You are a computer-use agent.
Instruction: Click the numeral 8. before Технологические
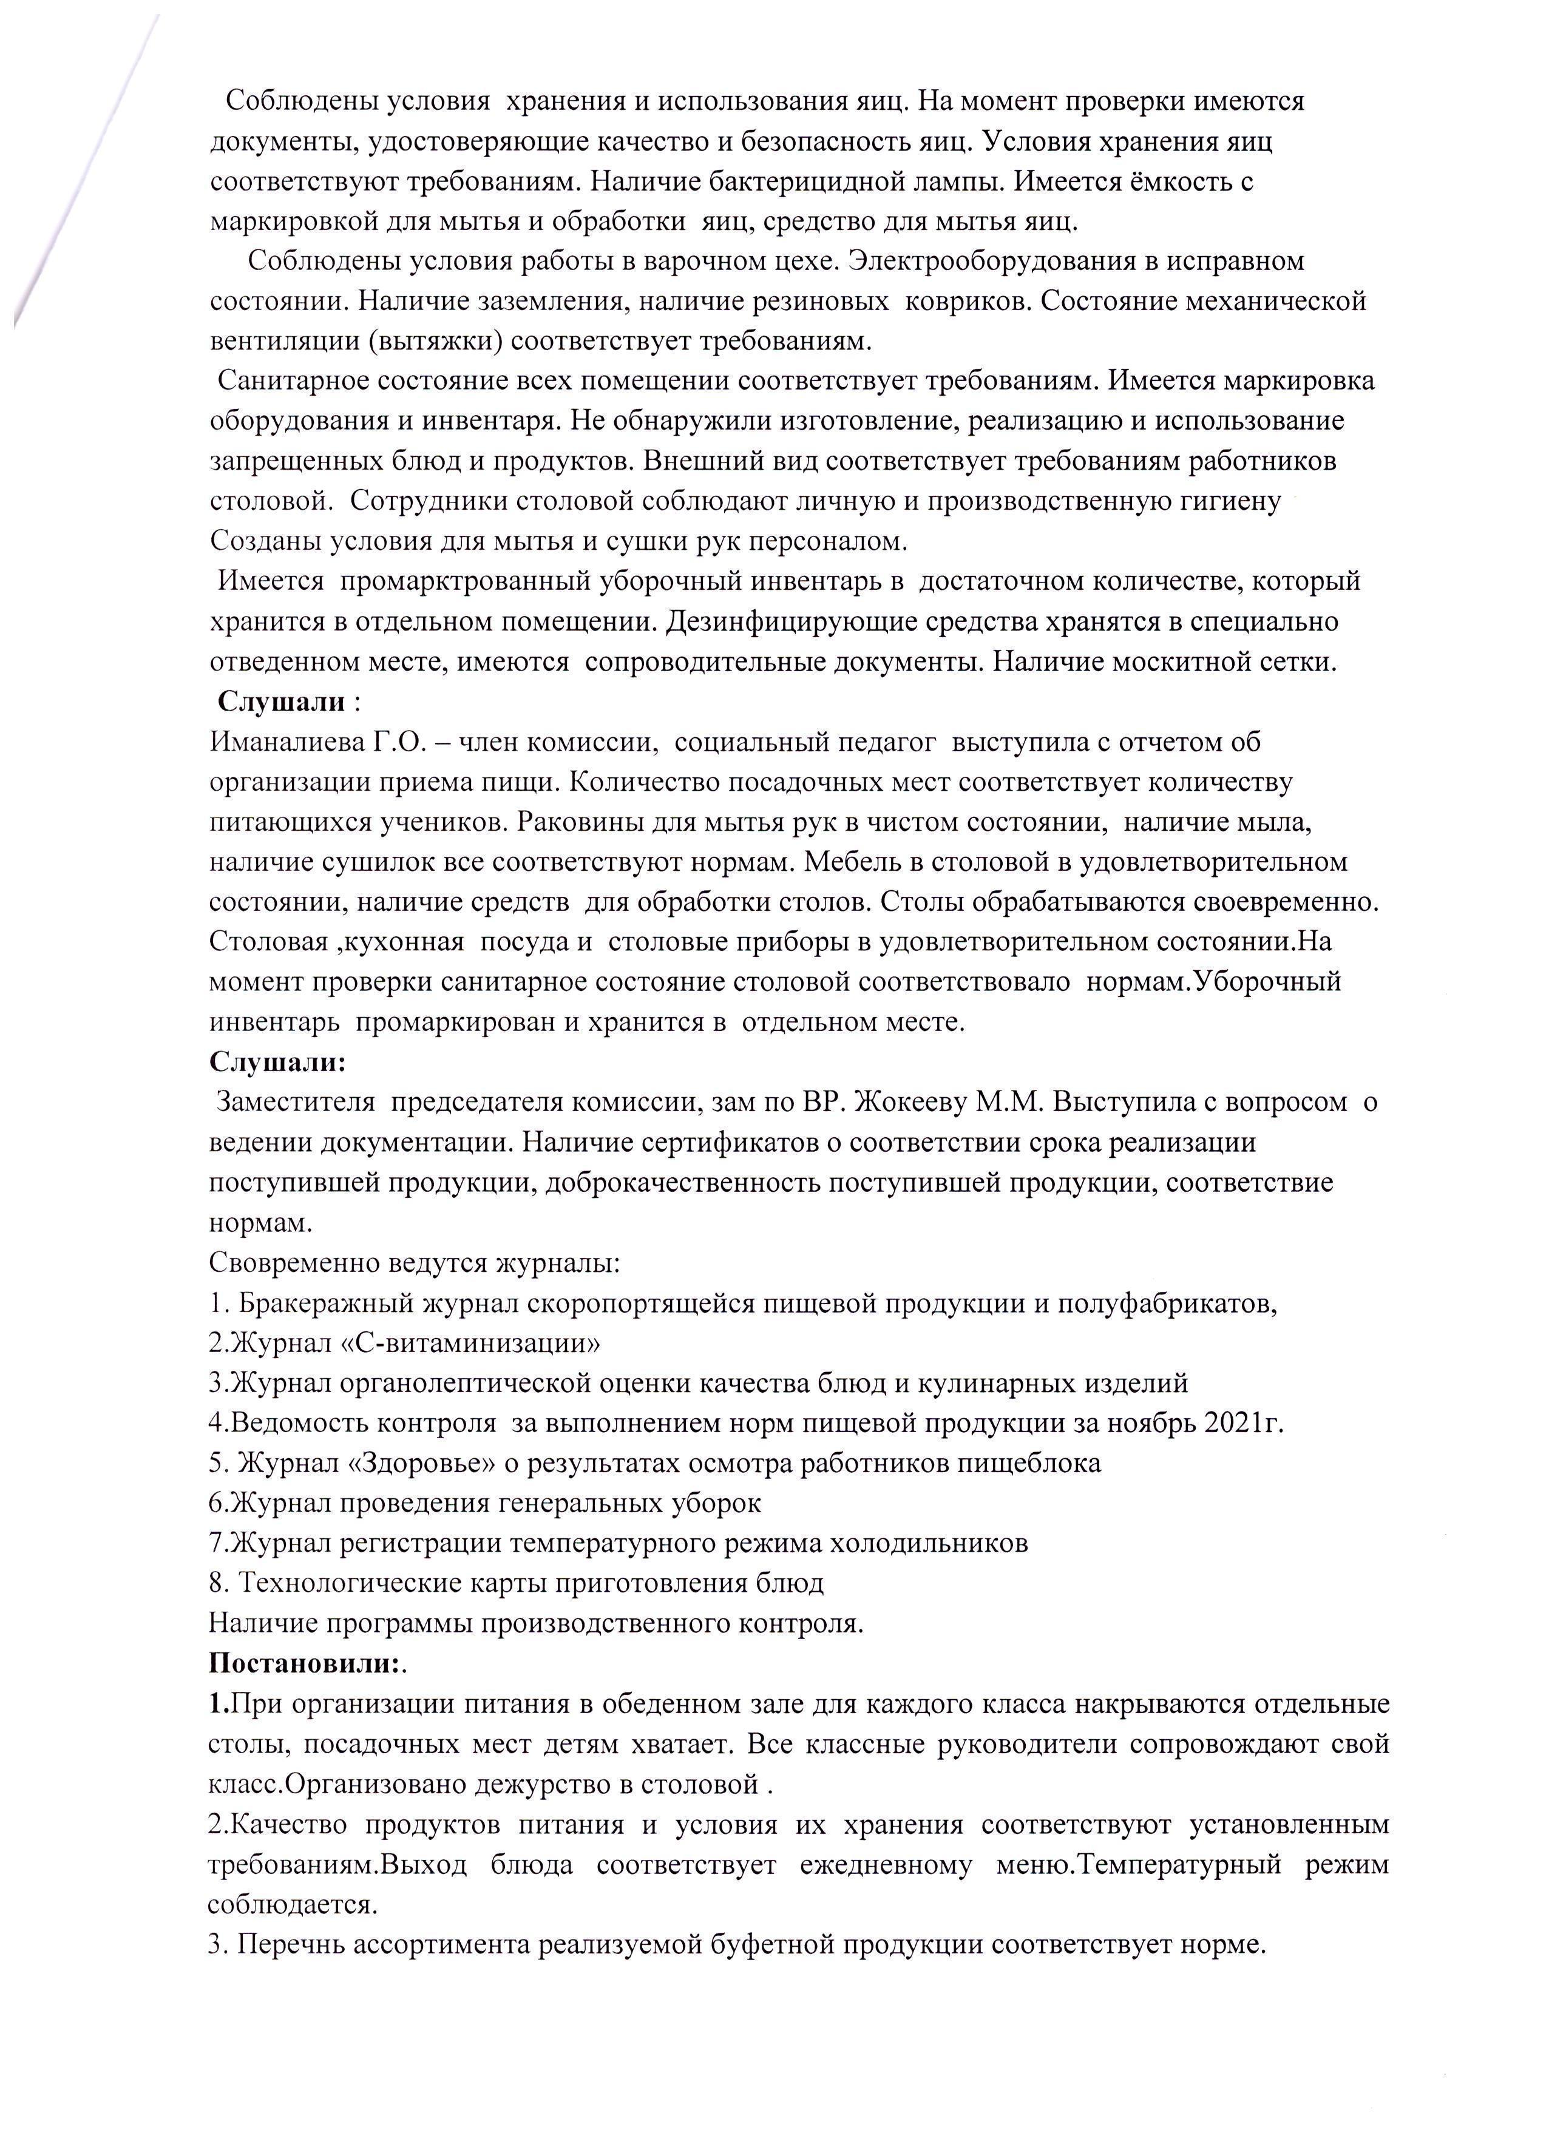(x=219, y=1583)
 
